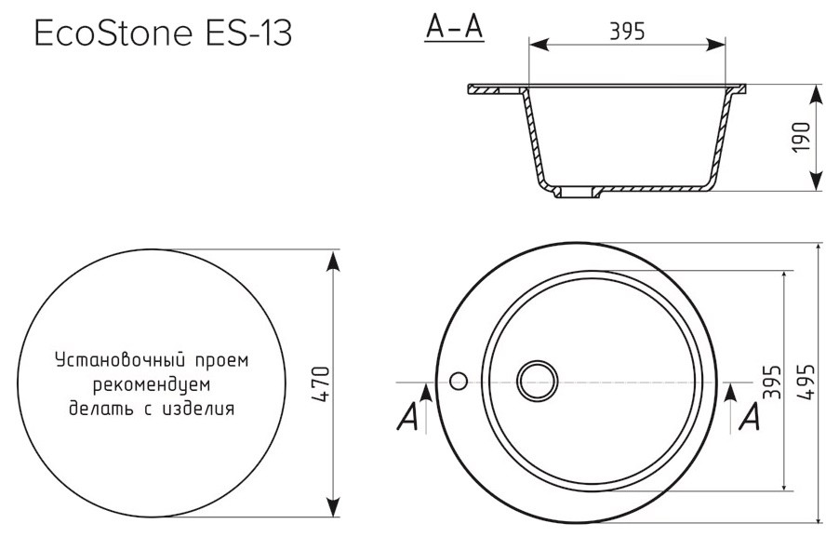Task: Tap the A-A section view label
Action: pyautogui.click(x=453, y=30)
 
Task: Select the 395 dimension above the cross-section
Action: pyautogui.click(x=627, y=33)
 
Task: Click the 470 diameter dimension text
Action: pyautogui.click(x=321, y=383)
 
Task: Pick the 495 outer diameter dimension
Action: pyautogui.click(x=805, y=383)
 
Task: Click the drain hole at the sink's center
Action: pyautogui.click(x=537, y=382)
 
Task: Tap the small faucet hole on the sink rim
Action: pyautogui.click(x=458, y=382)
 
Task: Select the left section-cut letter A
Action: pyautogui.click(x=406, y=419)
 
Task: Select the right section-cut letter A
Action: pyautogui.click(x=748, y=419)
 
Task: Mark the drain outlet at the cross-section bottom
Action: pyautogui.click(x=579, y=194)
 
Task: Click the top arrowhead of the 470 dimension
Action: pyautogui.click(x=333, y=258)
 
